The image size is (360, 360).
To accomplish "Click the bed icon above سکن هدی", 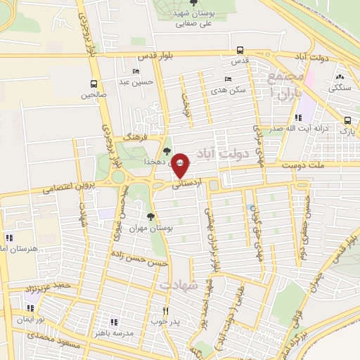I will point(227,79).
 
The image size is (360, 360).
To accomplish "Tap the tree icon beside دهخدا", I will point(167,150).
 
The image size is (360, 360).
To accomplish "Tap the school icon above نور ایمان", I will point(30,308).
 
